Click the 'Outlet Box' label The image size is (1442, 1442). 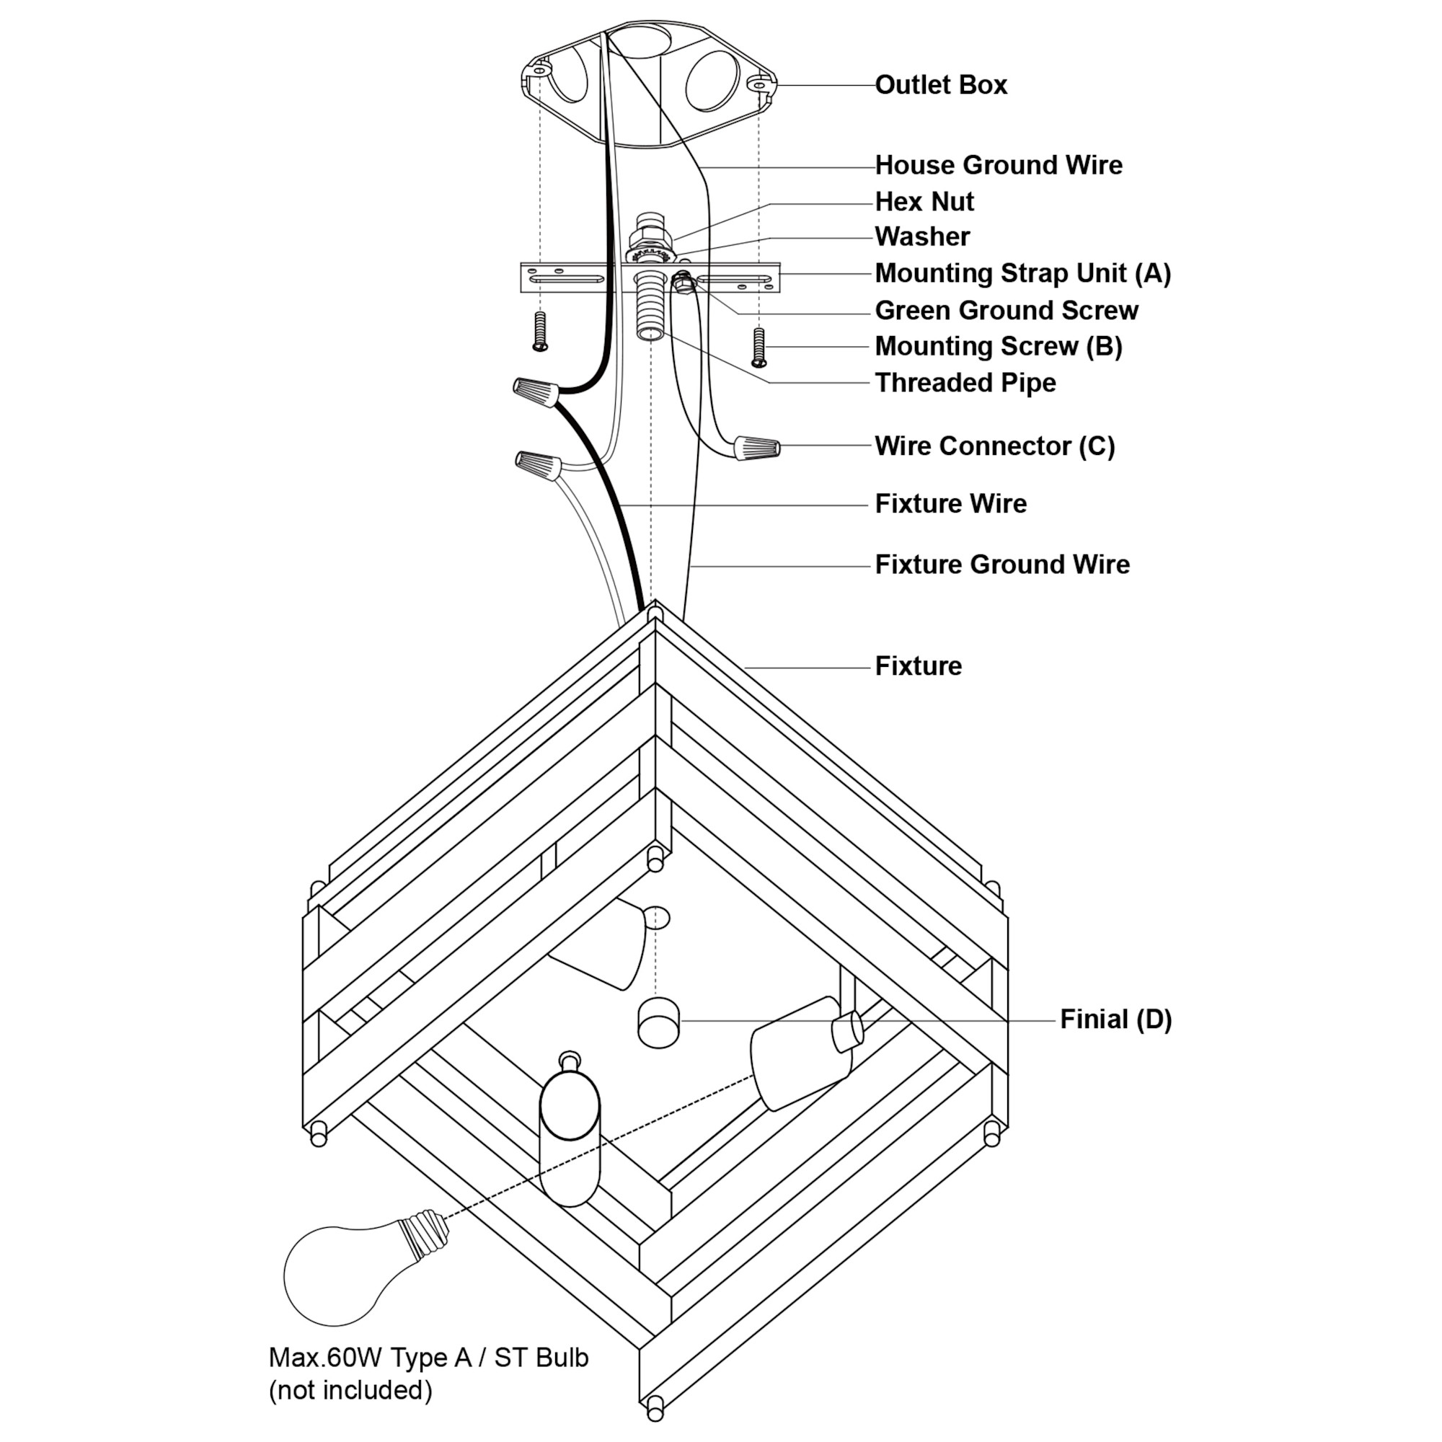[940, 85]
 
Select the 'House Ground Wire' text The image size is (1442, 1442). [998, 165]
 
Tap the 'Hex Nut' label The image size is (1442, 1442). [924, 202]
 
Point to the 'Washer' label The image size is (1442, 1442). [921, 236]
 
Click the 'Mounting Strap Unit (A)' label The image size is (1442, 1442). [1022, 273]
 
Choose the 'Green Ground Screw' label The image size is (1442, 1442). [1006, 311]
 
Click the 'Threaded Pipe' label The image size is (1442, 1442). [965, 383]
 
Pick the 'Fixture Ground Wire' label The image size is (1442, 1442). [1001, 565]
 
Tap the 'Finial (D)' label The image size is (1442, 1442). [1116, 1019]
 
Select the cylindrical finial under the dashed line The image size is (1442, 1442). [658, 1023]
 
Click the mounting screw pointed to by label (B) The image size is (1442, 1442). [759, 347]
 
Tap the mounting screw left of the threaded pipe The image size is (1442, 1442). [539, 332]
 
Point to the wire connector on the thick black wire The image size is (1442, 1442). [536, 391]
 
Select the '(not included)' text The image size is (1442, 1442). [350, 1391]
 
